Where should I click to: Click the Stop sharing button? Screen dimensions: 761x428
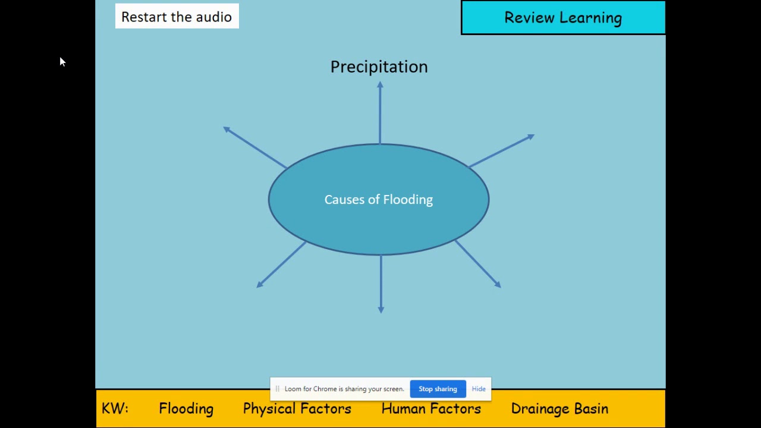438,389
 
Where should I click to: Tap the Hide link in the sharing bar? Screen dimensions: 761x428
479,389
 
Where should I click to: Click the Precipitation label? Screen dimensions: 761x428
379,67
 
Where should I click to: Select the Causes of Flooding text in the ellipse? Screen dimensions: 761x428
379,200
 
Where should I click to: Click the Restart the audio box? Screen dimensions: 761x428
177,16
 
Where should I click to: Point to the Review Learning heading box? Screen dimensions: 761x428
563,17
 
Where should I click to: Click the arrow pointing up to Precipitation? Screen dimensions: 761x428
380,112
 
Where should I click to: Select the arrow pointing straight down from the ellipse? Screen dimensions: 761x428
381,284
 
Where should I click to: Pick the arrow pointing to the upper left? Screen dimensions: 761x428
255,147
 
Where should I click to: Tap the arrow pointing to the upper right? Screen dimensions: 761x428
501,151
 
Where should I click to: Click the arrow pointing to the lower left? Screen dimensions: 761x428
281,265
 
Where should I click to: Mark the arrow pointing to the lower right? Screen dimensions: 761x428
478,264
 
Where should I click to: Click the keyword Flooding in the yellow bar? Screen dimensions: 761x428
186,408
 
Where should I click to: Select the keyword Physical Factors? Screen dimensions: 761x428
297,408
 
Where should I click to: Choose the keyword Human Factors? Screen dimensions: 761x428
431,408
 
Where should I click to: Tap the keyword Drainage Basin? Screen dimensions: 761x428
559,408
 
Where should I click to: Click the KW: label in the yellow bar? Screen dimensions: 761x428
115,408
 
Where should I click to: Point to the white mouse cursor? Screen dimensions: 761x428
62,62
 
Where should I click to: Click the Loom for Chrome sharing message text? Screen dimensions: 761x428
344,389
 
